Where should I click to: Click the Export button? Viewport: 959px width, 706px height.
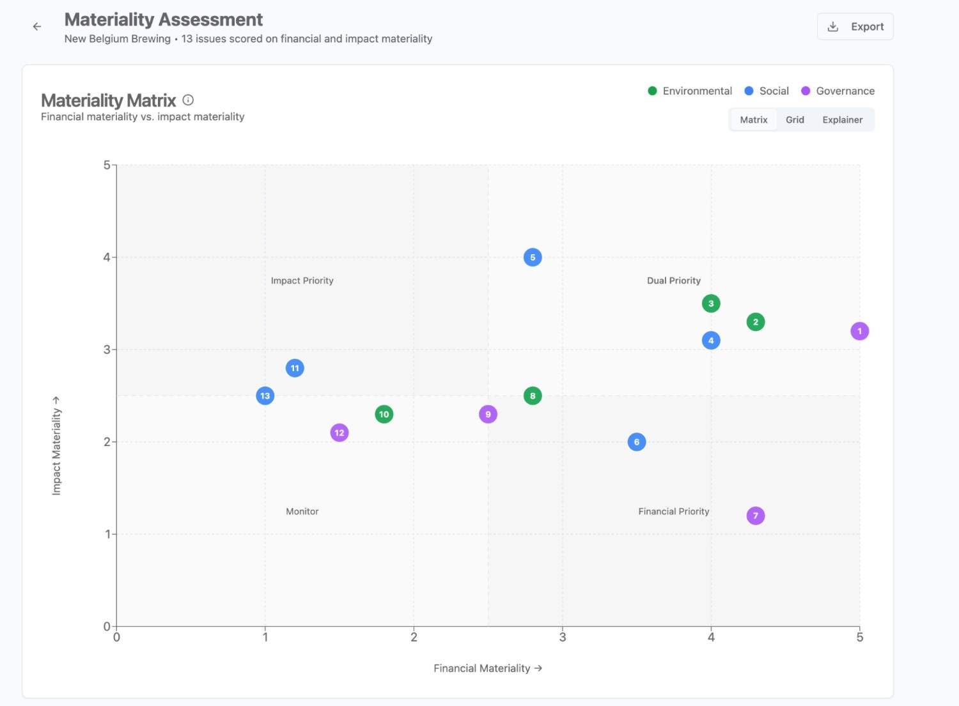tap(855, 27)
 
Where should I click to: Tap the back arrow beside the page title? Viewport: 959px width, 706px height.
tap(37, 27)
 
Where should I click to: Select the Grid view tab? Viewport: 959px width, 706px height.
tap(795, 120)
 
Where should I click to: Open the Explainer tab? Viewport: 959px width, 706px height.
tap(842, 120)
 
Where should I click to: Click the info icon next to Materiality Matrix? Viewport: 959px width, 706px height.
tap(188, 100)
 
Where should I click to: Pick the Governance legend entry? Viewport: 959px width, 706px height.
tap(838, 91)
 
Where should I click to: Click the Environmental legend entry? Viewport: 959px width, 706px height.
tap(690, 91)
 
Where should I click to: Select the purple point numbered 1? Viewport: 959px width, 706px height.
tap(859, 331)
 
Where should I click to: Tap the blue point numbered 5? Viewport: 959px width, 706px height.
tap(533, 257)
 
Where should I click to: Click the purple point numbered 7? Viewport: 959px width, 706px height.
tap(756, 516)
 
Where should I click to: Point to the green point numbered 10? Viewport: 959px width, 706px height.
tap(384, 414)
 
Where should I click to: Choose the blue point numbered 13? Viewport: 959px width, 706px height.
tap(265, 395)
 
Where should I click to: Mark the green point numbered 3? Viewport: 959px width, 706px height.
tap(711, 303)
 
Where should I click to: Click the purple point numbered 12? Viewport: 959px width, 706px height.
tap(339, 433)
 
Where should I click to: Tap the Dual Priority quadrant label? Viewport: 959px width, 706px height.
tap(673, 280)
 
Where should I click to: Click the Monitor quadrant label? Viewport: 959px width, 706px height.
tap(302, 511)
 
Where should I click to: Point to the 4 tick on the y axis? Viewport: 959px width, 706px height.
tap(107, 257)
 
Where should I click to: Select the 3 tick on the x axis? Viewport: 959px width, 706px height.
tap(562, 637)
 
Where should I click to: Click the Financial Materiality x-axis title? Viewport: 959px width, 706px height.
tap(488, 668)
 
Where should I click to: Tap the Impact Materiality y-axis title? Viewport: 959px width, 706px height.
tap(56, 446)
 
